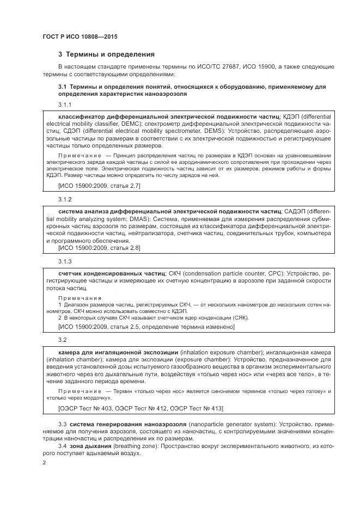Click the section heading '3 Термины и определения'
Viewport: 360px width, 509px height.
pos(106,54)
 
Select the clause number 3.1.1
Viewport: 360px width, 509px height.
pos(65,104)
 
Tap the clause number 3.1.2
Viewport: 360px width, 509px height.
pos(65,199)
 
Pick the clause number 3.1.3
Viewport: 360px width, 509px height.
pos(65,261)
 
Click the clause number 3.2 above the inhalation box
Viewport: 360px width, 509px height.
pos(62,340)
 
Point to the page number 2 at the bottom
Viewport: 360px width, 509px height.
pos(44,462)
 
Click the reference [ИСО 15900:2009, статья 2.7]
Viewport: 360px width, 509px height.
pos(99,186)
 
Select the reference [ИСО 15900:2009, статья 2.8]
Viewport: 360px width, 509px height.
pos(99,248)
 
